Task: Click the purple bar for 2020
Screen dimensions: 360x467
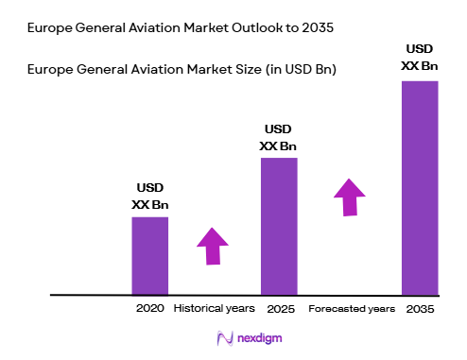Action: click(149, 255)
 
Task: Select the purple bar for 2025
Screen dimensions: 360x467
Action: click(279, 226)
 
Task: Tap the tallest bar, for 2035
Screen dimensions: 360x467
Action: click(420, 187)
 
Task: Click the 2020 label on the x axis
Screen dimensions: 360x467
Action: click(149, 309)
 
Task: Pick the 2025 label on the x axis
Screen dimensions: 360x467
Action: click(279, 309)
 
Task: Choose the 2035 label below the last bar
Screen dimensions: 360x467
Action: click(420, 309)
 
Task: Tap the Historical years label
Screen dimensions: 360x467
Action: click(214, 309)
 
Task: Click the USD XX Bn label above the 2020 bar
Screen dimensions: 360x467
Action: click(149, 197)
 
